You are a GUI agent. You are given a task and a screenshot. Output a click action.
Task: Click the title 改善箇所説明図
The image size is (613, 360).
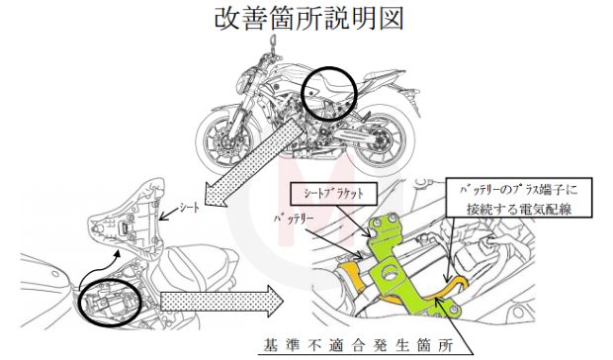[308, 19]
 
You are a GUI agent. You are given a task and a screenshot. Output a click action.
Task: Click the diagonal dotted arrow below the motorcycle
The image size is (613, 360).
[254, 162]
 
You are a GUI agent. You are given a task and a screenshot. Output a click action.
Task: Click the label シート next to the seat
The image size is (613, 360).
[189, 208]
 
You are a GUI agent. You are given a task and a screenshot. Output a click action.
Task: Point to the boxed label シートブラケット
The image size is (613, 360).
[333, 194]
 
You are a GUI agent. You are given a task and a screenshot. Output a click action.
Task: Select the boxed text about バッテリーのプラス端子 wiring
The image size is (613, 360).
[519, 198]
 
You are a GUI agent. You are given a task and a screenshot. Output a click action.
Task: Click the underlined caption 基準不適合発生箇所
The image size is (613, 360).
[359, 345]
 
